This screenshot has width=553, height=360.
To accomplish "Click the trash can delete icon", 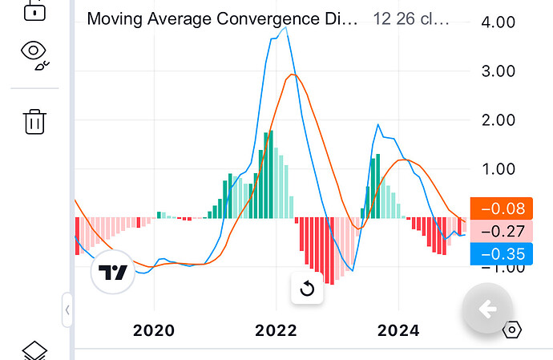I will (x=34, y=121).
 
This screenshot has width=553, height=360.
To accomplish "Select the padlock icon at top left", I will (x=34, y=10).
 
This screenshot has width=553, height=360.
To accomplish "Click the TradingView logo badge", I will (x=113, y=273).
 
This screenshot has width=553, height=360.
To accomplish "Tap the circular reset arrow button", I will (x=307, y=289).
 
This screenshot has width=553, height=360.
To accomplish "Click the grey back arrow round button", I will (x=486, y=309).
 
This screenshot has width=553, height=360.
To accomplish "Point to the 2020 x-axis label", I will (x=154, y=330).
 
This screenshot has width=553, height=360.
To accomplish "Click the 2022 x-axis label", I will (x=276, y=330).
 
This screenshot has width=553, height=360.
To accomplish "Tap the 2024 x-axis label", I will (x=398, y=330).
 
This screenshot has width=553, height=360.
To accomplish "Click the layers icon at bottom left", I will (x=34, y=351).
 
